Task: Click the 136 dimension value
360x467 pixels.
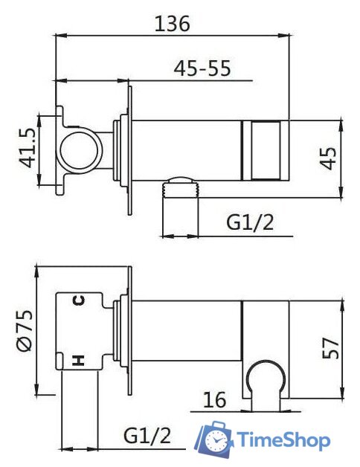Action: [x=173, y=24]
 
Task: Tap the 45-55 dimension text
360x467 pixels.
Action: [x=202, y=68]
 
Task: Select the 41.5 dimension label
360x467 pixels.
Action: [x=28, y=148]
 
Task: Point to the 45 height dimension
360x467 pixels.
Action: [x=328, y=158]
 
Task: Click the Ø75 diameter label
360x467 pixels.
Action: [x=25, y=330]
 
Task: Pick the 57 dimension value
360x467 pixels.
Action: [x=330, y=348]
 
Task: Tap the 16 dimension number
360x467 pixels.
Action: [x=214, y=399]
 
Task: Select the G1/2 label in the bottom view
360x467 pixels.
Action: [x=147, y=436]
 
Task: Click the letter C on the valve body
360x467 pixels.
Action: [x=79, y=300]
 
